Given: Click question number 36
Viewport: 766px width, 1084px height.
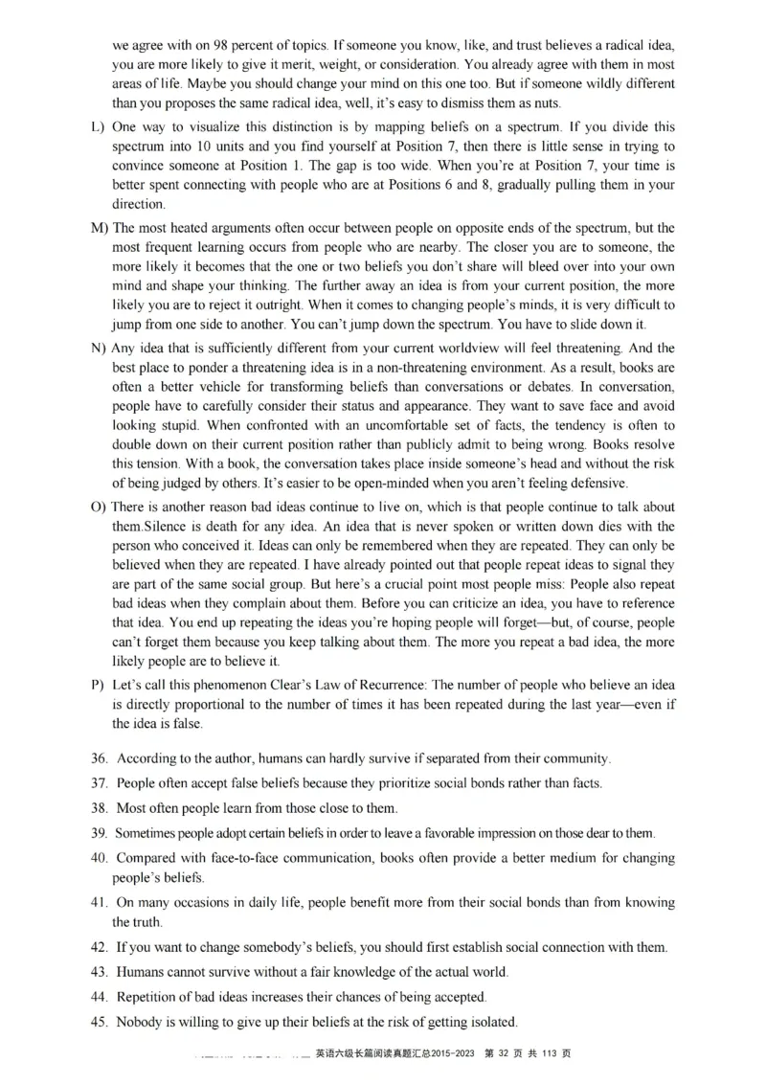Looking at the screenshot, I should [99, 758].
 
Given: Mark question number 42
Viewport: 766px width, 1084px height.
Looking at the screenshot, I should [99, 947].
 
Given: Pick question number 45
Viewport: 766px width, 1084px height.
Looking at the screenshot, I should [99, 1022].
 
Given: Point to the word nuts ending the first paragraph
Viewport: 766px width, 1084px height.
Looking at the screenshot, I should [557, 103].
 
